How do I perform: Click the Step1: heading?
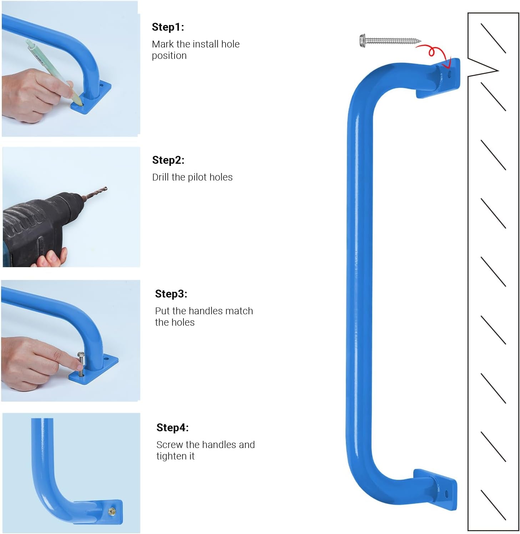(168, 27)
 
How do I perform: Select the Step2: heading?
(168, 160)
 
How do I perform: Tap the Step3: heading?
(171, 294)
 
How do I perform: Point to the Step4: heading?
(172, 428)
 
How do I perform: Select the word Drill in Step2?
(161, 177)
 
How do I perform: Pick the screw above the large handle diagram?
(389, 40)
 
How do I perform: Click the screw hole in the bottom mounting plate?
(446, 494)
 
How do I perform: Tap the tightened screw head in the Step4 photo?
(112, 512)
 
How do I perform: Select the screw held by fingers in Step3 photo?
(81, 364)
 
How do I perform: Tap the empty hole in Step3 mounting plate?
(106, 358)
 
